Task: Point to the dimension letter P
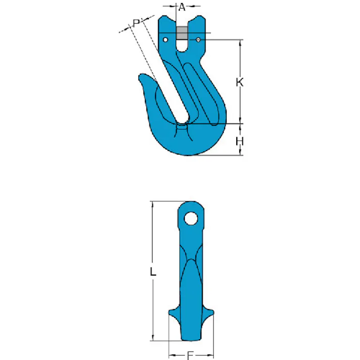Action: click(x=136, y=23)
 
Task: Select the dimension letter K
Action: click(x=240, y=82)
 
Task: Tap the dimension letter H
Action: click(x=240, y=141)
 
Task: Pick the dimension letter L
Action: click(x=153, y=272)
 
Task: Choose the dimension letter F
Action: click(x=190, y=355)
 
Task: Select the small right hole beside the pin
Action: click(x=199, y=40)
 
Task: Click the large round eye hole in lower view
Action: click(x=191, y=218)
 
